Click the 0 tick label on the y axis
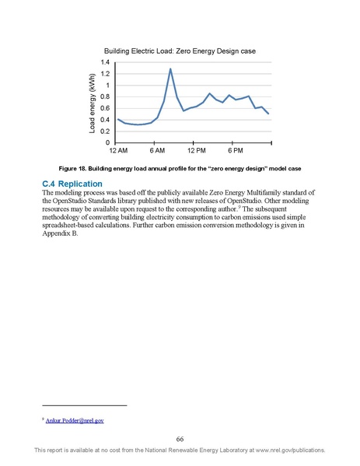[108, 143]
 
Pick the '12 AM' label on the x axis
[117, 151]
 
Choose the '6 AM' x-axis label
[157, 151]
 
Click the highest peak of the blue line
[170, 69]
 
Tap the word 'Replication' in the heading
[86, 184]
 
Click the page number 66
[180, 438]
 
